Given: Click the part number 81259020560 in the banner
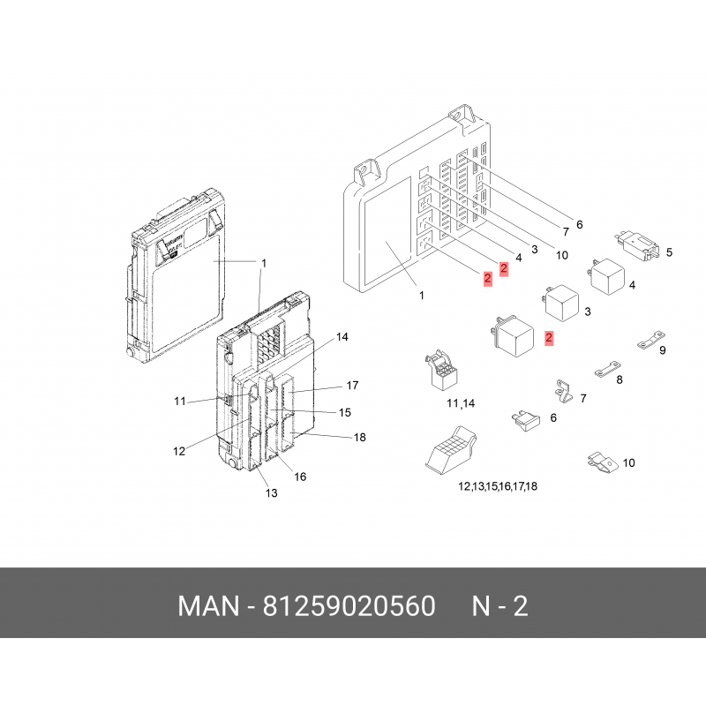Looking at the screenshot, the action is point(349,606).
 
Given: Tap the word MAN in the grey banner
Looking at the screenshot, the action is point(208,606).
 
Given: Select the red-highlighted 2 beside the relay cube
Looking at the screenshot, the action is point(548,338).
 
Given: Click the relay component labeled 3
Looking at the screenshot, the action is point(560,304).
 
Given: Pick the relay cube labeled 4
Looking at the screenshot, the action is point(605,276).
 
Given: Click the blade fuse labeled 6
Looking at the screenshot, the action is point(526,421).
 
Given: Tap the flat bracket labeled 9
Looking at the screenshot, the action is point(651,340).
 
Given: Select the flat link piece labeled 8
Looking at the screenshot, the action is point(607,369).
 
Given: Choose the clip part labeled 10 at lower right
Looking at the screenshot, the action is point(603,462).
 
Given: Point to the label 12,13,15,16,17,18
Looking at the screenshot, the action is point(498,486).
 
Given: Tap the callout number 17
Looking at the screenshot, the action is point(352,386).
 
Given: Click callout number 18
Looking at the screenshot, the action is point(360,437).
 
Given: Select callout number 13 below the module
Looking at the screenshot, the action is point(272,493).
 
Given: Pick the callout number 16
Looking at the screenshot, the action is point(300,477).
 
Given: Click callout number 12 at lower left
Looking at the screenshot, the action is point(179,451).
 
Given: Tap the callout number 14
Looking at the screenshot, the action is point(342,337).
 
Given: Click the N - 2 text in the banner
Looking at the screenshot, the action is point(499,606).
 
